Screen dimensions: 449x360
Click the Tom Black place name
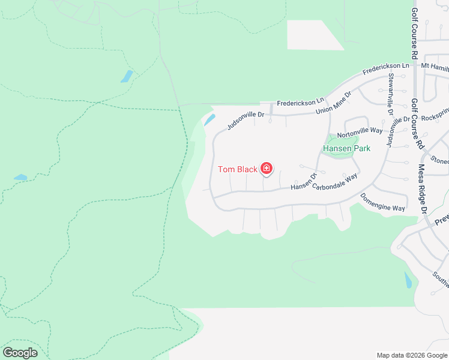(x=237, y=169)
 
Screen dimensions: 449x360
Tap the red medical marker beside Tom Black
(x=267, y=169)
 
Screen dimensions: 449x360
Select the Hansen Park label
(x=346, y=148)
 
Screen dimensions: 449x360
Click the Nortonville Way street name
(x=360, y=131)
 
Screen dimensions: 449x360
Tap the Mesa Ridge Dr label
(x=423, y=188)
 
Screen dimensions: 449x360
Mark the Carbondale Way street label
(x=335, y=182)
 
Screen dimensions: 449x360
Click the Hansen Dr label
(x=303, y=182)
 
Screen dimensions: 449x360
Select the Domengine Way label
(x=382, y=202)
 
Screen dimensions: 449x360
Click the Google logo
(x=20, y=353)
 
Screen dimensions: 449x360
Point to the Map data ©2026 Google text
(x=411, y=355)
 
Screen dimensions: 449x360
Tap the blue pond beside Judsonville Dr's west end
(x=209, y=119)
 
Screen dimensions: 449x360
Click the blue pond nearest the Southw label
(x=408, y=279)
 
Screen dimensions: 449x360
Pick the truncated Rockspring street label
(x=435, y=118)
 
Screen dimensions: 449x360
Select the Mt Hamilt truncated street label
(x=435, y=65)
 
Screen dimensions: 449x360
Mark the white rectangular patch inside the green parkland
(x=313, y=35)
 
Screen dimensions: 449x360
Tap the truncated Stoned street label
(x=439, y=161)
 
